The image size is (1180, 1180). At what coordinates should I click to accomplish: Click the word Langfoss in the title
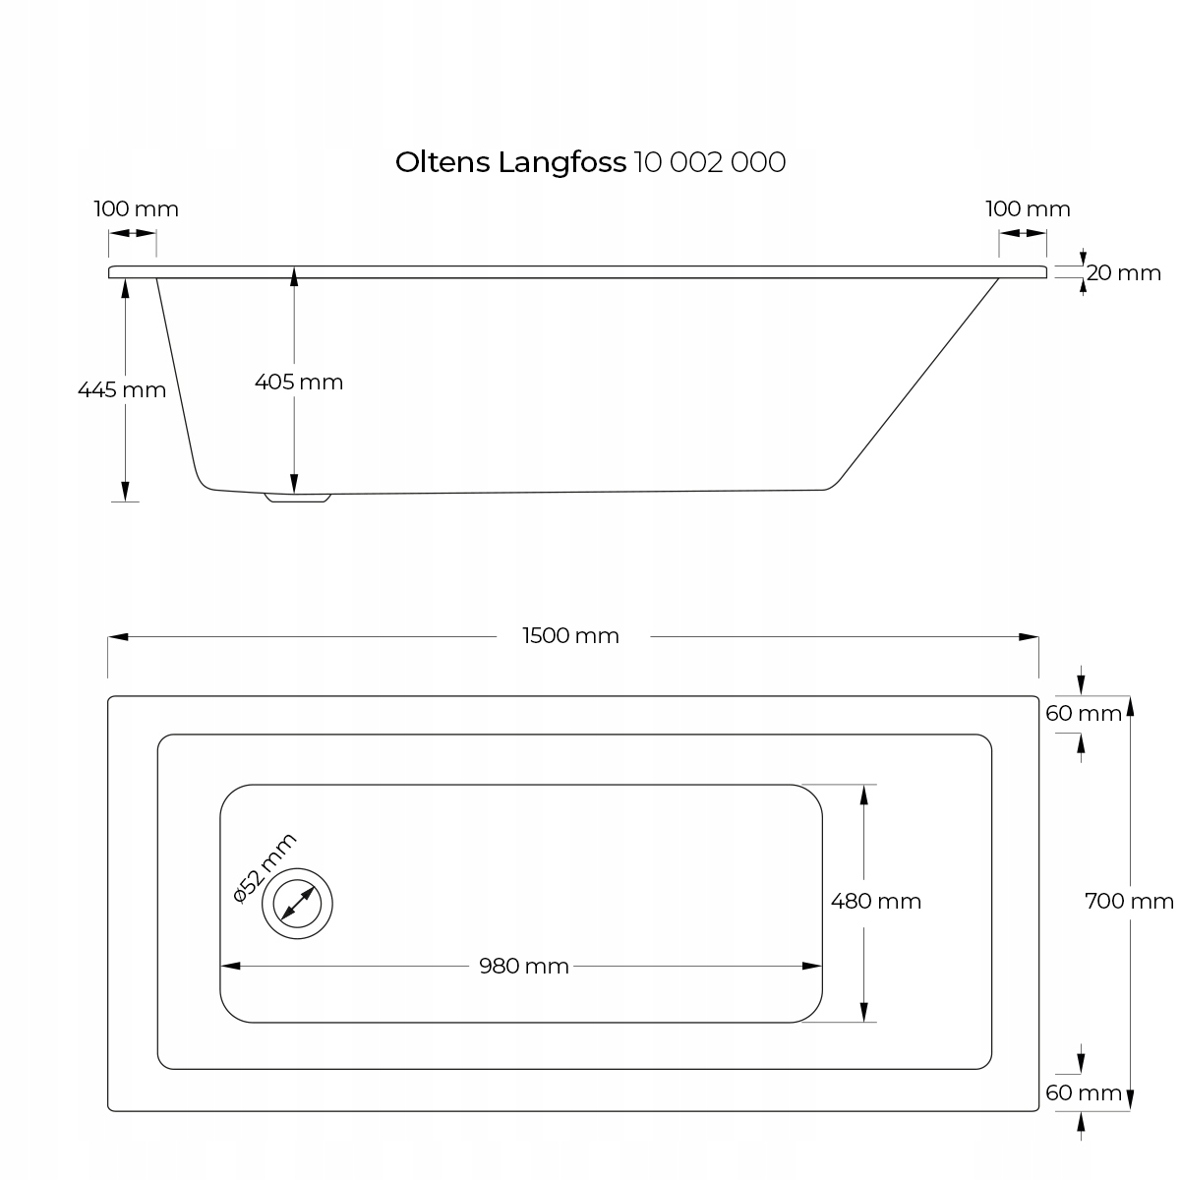tap(562, 163)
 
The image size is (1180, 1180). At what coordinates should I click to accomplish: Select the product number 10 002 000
tap(710, 162)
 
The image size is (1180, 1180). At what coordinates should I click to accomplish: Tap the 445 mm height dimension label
tap(122, 389)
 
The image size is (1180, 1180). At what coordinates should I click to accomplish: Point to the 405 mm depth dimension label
tap(299, 382)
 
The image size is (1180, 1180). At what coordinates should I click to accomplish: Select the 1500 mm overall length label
tap(571, 636)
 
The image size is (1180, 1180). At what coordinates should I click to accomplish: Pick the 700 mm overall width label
tap(1129, 901)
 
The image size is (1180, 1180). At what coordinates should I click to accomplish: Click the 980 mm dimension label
tap(524, 967)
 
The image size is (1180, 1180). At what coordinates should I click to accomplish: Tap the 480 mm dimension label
tap(876, 901)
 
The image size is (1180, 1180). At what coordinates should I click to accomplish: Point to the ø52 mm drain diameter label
tap(264, 866)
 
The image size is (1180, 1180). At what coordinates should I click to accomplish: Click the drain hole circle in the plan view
tap(297, 903)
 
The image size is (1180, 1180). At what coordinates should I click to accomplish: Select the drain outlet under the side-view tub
tap(299, 498)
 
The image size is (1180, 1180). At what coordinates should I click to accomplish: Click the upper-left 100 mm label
tap(136, 209)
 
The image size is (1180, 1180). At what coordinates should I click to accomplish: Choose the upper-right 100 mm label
tap(1028, 209)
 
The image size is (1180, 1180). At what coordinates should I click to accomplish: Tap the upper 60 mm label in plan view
tap(1084, 713)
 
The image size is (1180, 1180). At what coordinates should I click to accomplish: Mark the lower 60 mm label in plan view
tap(1084, 1092)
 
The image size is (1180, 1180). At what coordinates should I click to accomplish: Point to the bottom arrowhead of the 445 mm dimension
tap(125, 493)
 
